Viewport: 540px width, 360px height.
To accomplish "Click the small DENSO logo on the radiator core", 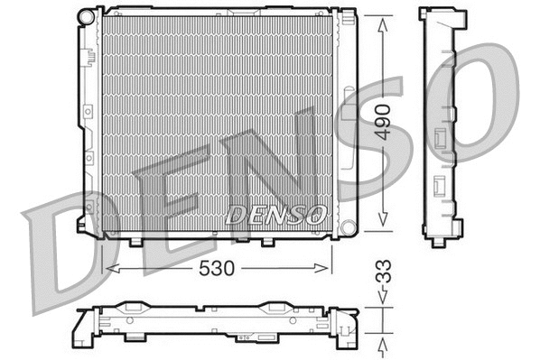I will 275,214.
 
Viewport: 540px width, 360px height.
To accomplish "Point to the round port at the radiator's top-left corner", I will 86,16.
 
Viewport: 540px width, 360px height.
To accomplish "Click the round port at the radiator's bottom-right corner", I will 346,224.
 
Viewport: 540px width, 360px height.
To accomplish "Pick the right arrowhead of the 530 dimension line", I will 326,268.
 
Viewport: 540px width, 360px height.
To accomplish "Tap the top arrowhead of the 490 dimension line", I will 383,20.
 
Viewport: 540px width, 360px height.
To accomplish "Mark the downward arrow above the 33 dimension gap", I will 384,302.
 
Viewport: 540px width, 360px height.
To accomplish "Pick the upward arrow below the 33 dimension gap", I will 384,346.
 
